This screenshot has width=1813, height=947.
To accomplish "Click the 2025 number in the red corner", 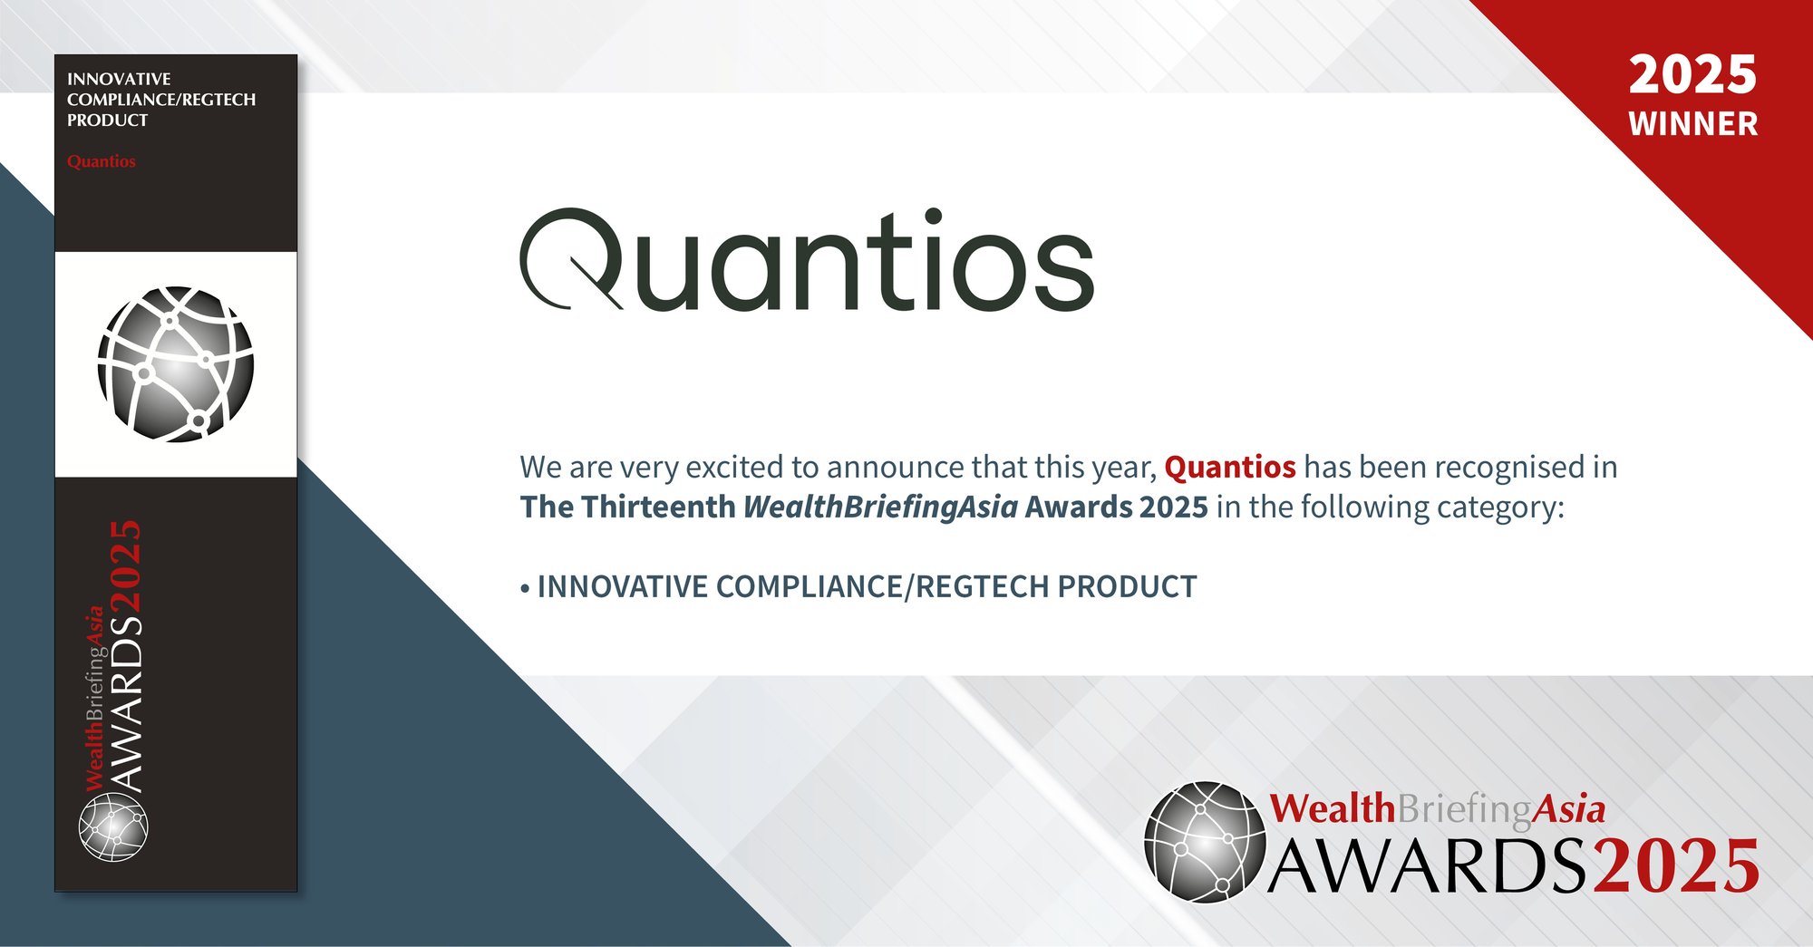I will pyautogui.click(x=1692, y=74).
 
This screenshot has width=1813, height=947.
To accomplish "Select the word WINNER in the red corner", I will pyautogui.click(x=1692, y=124).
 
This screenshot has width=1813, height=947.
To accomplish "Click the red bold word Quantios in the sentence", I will pyautogui.click(x=1229, y=467).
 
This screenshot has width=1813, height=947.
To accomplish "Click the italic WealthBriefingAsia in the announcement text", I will pyautogui.click(x=880, y=507).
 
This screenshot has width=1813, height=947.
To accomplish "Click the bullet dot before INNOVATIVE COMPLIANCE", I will pyautogui.click(x=525, y=589).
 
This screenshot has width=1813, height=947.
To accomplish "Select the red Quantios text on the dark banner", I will pyautogui.click(x=101, y=161).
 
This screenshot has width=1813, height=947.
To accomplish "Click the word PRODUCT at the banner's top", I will pyautogui.click(x=107, y=120).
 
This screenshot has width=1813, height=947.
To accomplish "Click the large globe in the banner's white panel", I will pyautogui.click(x=176, y=364).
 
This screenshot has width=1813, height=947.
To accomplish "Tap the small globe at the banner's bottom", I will pyautogui.click(x=112, y=827).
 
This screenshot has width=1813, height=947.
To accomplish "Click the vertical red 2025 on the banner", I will pyautogui.click(x=126, y=565).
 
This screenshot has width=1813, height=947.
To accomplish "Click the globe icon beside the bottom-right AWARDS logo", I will pyautogui.click(x=1205, y=842).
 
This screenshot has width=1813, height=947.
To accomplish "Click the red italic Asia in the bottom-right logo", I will pyautogui.click(x=1568, y=808).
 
